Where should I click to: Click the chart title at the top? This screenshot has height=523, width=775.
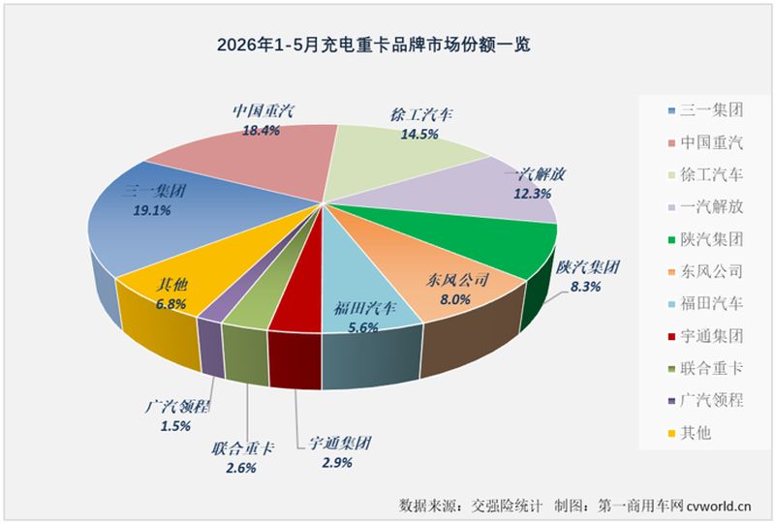[374, 45]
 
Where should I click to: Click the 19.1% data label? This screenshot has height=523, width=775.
[152, 210]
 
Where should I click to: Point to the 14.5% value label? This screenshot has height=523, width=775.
[419, 134]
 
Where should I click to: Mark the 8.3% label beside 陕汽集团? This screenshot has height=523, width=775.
[586, 287]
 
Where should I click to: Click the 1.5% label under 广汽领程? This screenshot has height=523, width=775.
[175, 425]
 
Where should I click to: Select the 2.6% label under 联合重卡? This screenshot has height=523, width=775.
[241, 467]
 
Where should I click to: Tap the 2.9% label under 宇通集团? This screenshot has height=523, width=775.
[337, 462]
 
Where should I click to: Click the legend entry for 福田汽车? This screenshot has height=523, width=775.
[705, 303]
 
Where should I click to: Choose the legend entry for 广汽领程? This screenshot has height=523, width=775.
[705, 400]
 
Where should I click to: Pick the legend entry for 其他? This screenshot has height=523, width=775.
[690, 433]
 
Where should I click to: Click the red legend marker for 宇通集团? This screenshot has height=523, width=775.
[671, 337]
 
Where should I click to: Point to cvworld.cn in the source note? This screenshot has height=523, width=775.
[719, 506]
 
